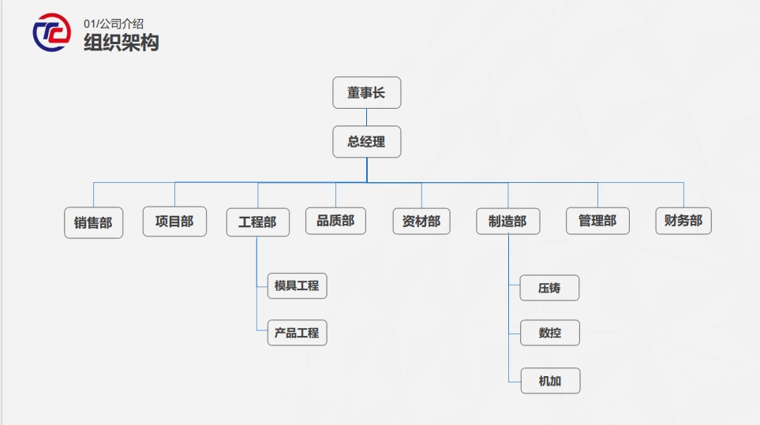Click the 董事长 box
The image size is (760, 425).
click(367, 92)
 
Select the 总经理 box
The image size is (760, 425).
click(367, 142)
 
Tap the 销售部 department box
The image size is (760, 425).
click(93, 222)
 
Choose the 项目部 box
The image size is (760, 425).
click(174, 222)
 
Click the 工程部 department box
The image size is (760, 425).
click(257, 222)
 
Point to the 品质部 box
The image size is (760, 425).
click(335, 221)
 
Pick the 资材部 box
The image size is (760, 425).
click(421, 222)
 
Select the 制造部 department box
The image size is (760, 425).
click(507, 222)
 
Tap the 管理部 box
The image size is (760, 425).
click(597, 221)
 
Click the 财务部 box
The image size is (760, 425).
click(683, 221)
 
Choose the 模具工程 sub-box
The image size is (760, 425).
click(297, 285)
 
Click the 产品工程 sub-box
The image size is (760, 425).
click(297, 333)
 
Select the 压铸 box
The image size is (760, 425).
click(550, 288)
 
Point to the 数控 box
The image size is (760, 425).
click(550, 333)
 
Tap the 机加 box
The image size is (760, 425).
click(550, 381)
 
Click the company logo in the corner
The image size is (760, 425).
click(51, 32)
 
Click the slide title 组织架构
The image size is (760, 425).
click(122, 43)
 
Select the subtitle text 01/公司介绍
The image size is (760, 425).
click(114, 24)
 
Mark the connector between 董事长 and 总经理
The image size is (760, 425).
click(367, 117)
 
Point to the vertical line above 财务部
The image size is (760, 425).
click(683, 195)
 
